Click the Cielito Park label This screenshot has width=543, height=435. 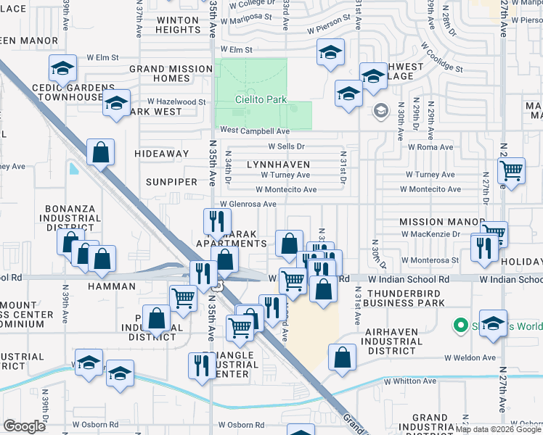coord(260,99)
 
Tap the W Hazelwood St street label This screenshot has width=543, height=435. coord(176,102)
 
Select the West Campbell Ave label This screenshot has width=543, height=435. coord(255,130)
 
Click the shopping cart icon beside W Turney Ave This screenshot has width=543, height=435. coord(511,171)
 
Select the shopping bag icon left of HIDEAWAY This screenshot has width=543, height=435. coord(101,152)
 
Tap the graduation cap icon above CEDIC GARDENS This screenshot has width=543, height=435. coord(63,69)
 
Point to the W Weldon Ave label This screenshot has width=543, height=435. coord(470,357)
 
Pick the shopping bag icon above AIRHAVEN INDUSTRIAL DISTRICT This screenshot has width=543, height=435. coord(342,357)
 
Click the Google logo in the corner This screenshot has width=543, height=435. coord(24,426)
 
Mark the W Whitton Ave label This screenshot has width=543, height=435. coord(411,381)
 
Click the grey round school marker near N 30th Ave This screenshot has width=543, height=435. coord(379,111)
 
